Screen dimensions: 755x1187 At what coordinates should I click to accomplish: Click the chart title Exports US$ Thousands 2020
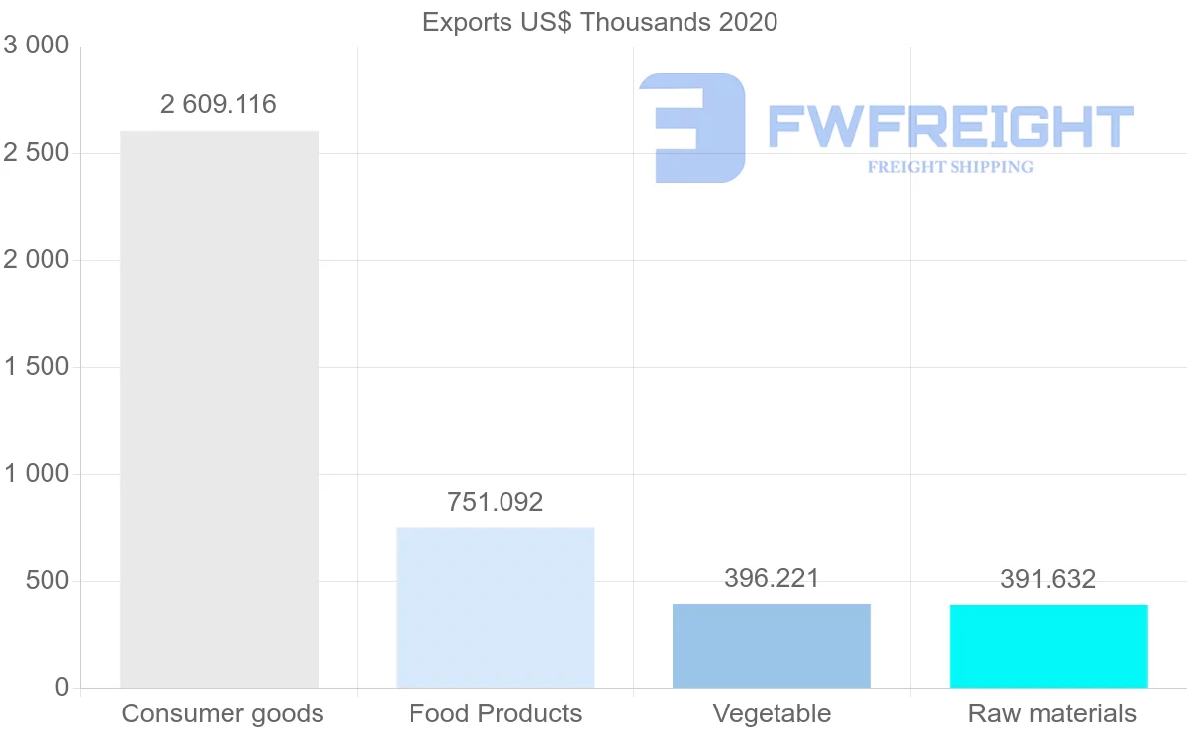[599, 22]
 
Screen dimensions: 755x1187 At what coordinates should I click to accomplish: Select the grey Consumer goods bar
[219, 409]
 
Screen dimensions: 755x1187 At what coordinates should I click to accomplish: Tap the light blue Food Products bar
[495, 608]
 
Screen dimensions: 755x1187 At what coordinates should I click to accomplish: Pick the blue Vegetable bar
[772, 645]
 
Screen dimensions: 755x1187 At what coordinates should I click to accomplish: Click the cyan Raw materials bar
[1049, 646]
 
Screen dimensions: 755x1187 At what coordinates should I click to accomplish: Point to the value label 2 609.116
[219, 104]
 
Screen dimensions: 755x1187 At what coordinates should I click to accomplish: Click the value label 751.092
[495, 502]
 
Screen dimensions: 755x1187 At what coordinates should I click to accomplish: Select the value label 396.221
[772, 578]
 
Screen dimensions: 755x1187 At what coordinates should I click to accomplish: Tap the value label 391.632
[1049, 579]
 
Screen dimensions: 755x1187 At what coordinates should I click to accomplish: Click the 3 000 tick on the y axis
[37, 47]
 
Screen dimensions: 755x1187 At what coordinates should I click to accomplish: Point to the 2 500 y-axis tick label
[37, 153]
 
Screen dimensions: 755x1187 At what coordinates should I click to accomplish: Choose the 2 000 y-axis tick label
[37, 260]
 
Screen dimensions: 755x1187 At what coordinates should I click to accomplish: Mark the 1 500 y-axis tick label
[37, 367]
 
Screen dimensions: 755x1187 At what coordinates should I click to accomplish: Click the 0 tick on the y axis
[61, 687]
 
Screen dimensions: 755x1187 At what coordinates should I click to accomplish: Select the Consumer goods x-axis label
[223, 713]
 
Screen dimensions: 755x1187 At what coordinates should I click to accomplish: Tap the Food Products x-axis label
[496, 713]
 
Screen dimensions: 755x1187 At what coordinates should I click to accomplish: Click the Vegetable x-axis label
[772, 713]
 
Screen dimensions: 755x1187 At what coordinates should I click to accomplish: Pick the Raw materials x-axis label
[1052, 713]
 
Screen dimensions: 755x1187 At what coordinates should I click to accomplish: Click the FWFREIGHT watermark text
[950, 127]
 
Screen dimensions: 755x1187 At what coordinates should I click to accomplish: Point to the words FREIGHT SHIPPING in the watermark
[951, 167]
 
